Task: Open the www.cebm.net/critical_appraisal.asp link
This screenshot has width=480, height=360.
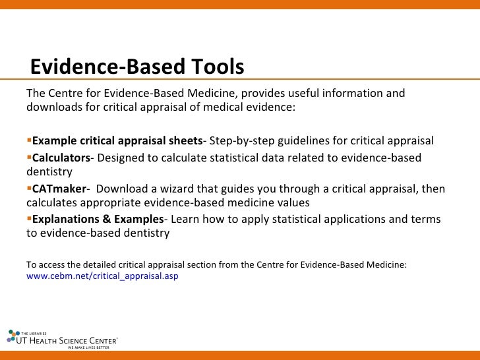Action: pos(102,277)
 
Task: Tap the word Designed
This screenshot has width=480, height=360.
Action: pos(120,158)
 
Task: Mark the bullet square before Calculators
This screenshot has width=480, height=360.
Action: pos(29,158)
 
